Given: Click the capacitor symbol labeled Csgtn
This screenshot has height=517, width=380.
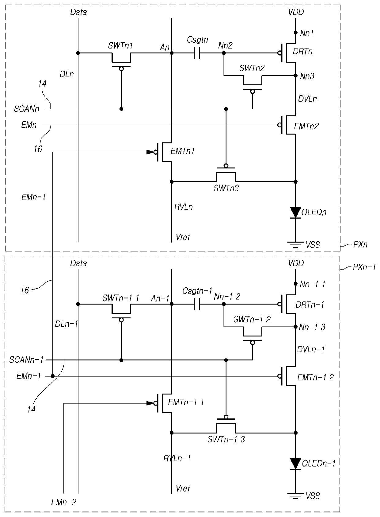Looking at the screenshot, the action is (197, 53).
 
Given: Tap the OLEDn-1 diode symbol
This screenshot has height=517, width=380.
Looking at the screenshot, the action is (296, 464).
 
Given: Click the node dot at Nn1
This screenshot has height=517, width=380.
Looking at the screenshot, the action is (296, 33).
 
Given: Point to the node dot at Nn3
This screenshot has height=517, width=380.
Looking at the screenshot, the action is (296, 76).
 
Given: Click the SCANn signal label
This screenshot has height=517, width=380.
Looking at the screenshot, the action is (26, 109).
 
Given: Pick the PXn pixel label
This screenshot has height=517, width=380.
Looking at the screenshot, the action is (360, 244).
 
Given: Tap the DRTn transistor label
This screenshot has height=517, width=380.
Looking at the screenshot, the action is (302, 52).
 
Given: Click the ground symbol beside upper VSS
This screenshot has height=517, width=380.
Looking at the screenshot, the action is (296, 245).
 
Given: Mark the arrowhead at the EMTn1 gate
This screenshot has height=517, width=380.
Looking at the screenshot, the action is (150, 152).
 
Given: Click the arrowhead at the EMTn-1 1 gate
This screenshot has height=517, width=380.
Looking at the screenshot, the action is (150, 403).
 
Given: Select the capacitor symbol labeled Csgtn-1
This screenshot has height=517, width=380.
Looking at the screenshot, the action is (197, 304).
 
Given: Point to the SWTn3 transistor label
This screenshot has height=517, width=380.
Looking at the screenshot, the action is (226, 188).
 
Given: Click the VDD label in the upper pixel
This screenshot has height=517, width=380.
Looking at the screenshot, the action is (296, 12).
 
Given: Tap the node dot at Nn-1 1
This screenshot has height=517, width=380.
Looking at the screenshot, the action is (296, 284).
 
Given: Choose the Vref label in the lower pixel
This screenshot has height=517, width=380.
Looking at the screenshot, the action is (183, 488).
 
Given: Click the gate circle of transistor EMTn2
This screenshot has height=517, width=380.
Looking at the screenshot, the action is (279, 125).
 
